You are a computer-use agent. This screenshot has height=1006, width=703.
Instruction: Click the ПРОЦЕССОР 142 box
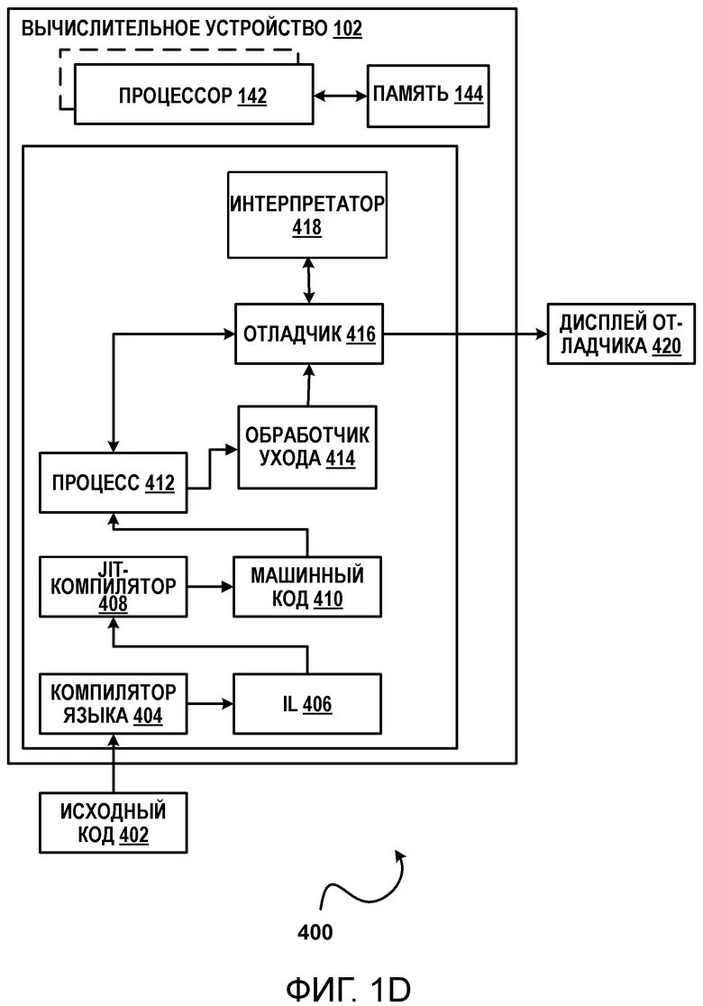coord(193,95)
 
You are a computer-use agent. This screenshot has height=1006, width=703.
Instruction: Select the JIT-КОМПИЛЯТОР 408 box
coord(113,587)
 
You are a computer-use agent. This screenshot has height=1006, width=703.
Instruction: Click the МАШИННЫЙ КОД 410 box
coord(307,587)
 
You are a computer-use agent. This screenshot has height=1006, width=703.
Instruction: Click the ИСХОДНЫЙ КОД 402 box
coord(113,822)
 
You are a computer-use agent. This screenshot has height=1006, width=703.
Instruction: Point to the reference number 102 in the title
coord(347,29)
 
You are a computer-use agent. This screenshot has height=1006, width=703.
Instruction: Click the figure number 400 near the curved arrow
coord(315,932)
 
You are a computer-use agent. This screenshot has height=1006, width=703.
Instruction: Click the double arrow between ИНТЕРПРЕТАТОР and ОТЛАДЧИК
coord(309,280)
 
